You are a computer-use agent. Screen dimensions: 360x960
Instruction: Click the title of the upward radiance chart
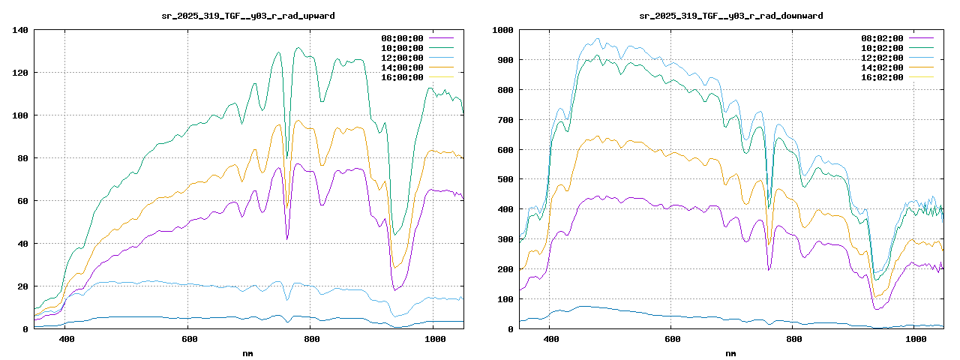click(x=248, y=16)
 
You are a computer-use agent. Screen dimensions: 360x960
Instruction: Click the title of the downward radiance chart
click(x=731, y=16)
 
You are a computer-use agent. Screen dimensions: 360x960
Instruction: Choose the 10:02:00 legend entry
click(x=883, y=47)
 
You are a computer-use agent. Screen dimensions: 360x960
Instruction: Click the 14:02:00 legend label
click(x=883, y=67)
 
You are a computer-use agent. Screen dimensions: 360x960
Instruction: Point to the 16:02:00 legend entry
click(x=883, y=77)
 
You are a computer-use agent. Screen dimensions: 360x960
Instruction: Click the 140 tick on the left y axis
click(x=20, y=30)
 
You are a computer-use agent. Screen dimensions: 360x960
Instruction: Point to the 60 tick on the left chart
click(x=22, y=201)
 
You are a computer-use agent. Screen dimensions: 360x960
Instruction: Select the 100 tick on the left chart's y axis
click(x=20, y=115)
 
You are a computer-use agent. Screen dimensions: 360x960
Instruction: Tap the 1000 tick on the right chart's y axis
click(x=502, y=30)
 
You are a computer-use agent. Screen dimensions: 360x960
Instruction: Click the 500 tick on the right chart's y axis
click(x=504, y=179)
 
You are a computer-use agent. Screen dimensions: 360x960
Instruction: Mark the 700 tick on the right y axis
click(x=504, y=120)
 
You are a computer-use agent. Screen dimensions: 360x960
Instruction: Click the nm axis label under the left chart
click(x=248, y=352)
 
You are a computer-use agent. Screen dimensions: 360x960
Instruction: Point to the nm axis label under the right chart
click(x=731, y=352)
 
